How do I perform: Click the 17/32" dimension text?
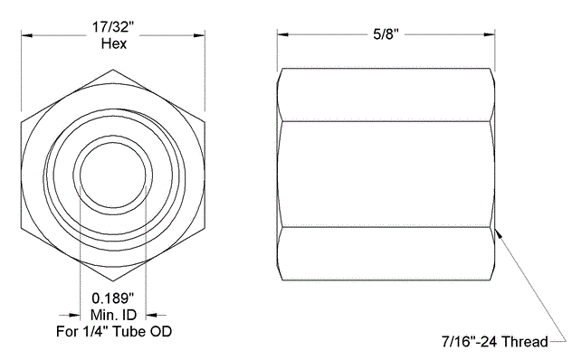[x=113, y=26]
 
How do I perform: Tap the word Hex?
[x=114, y=43]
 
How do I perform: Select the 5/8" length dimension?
[x=386, y=34]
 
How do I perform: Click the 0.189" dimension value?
[x=113, y=298]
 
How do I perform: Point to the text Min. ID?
[x=113, y=315]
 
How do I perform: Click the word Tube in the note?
[x=129, y=331]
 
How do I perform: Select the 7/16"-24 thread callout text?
[x=495, y=342]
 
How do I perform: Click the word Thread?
[x=525, y=342]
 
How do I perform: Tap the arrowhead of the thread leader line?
[x=500, y=233]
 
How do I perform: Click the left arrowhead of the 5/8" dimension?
[x=282, y=34]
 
